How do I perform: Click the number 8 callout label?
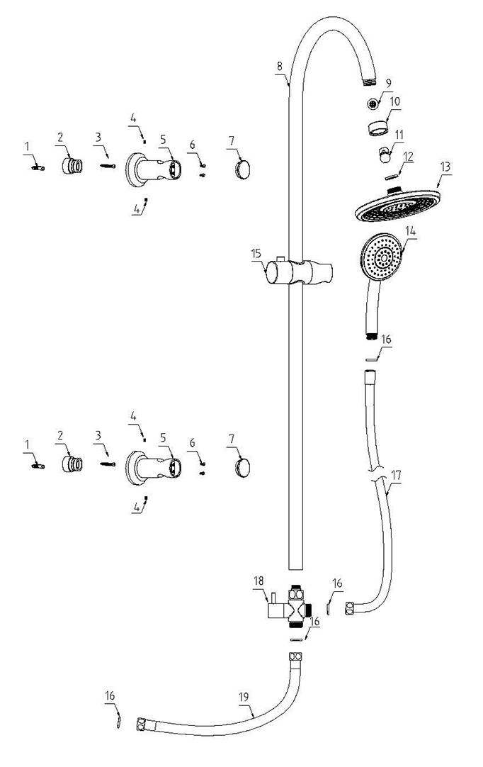pyautogui.click(x=280, y=66)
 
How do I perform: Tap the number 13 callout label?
pyautogui.click(x=445, y=167)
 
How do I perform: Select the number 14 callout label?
pyautogui.click(x=411, y=231)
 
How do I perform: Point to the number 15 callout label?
pyautogui.click(x=256, y=252)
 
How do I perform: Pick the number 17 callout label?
pyautogui.click(x=395, y=476)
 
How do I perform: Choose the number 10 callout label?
pyautogui.click(x=394, y=101)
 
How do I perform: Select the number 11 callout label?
pyautogui.click(x=399, y=133)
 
